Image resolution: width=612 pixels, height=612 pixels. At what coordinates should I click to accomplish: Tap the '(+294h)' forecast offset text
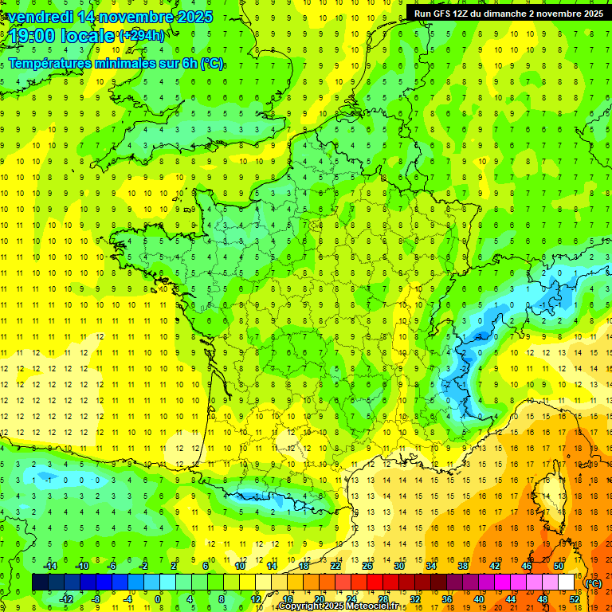click(143, 36)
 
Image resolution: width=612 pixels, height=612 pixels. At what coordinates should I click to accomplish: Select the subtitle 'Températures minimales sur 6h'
click(104, 64)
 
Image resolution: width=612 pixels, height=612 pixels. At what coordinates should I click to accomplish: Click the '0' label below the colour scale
click(159, 599)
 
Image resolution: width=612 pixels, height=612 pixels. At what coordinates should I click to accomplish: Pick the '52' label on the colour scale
click(575, 599)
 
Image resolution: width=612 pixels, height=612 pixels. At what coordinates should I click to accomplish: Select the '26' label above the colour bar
click(367, 565)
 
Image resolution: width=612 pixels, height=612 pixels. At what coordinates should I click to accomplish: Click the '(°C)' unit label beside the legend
click(594, 583)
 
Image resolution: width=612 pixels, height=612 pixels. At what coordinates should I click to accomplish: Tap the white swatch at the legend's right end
click(567, 583)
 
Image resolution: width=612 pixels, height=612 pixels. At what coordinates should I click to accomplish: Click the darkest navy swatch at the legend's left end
click(40, 583)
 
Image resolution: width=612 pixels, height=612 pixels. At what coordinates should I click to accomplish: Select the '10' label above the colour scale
click(239, 565)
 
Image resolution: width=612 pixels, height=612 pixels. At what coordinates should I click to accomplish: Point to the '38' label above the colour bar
click(462, 565)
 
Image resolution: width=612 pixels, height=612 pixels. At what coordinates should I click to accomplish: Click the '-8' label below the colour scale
click(96, 599)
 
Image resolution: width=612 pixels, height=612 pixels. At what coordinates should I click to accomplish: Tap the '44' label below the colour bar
click(511, 599)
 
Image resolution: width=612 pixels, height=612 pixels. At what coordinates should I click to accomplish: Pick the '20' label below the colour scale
click(319, 599)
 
